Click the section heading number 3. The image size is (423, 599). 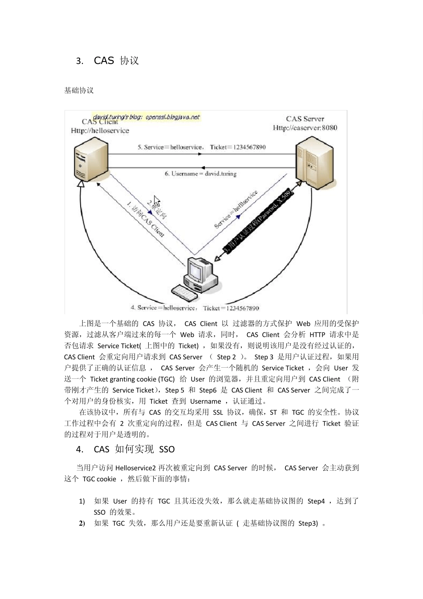[80, 61]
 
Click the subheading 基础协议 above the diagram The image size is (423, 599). [79, 90]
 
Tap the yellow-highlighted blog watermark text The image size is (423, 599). [146, 117]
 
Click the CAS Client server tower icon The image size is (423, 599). [90, 160]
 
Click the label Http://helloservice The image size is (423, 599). [100, 131]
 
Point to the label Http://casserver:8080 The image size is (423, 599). [305, 128]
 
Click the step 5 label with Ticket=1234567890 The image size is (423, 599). [201, 147]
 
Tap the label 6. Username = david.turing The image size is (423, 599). [200, 173]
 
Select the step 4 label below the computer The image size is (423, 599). [195, 308]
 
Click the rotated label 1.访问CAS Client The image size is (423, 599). [146, 220]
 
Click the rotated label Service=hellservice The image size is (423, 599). [236, 210]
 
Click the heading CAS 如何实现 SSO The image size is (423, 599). [134, 449]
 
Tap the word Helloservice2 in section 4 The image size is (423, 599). [135, 468]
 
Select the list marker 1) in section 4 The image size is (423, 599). [82, 501]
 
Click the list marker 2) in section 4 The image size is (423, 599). [82, 523]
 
